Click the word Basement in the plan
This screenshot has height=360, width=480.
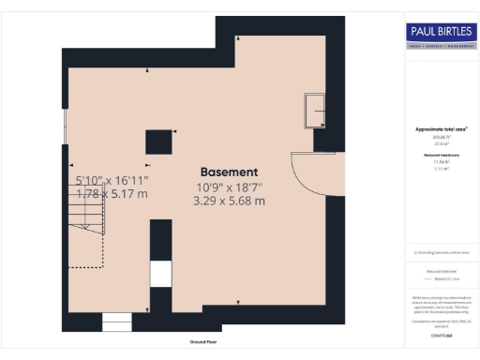229,172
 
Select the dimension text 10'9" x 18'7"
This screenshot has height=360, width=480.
229,187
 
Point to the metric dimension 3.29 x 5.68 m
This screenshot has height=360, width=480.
229,201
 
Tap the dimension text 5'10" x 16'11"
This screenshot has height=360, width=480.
111,179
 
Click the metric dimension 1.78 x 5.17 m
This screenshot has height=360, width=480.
111,193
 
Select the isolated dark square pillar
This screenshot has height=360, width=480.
157,142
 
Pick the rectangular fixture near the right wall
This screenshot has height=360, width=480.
315,111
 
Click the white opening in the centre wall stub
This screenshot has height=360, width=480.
161,274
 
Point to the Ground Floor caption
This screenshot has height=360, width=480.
203,342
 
